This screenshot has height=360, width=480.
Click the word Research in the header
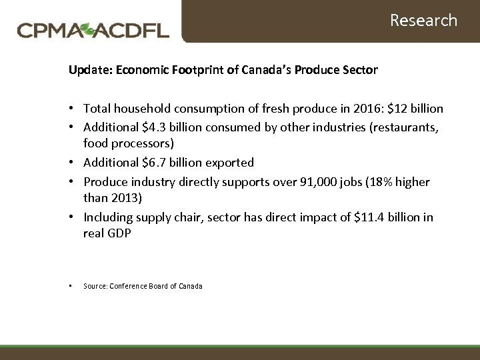(423, 21)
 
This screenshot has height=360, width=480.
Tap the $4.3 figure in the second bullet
(151, 127)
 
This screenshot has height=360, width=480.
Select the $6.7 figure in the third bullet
(151, 163)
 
